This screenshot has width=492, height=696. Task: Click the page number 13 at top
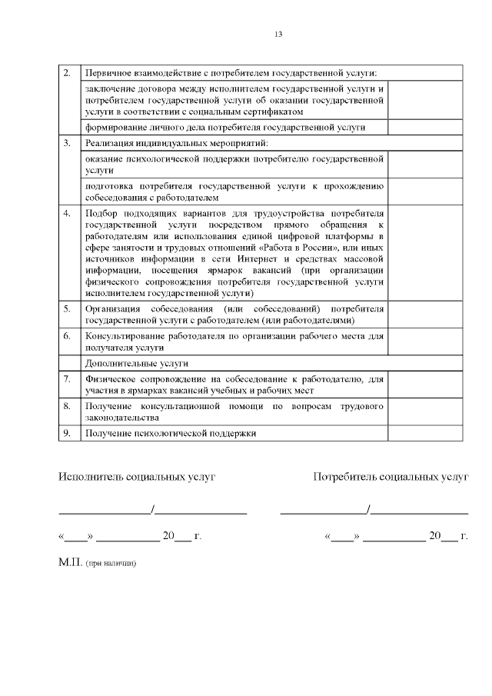pyautogui.click(x=278, y=35)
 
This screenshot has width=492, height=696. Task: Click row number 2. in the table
pyautogui.click(x=68, y=73)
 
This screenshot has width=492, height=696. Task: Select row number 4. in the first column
pyautogui.click(x=68, y=212)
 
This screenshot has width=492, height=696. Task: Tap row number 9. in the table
pyautogui.click(x=68, y=433)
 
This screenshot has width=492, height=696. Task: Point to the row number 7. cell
pyautogui.click(x=68, y=378)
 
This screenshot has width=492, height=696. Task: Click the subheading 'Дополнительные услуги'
pyautogui.click(x=137, y=363)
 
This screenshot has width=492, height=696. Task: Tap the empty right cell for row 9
pyautogui.click(x=424, y=433)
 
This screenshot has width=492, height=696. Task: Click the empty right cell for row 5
pyautogui.click(x=424, y=314)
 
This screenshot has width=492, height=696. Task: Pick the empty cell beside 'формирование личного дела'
pyautogui.click(x=424, y=127)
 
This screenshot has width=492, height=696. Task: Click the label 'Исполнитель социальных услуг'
pyautogui.click(x=137, y=477)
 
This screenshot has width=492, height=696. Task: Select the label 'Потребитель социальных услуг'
pyautogui.click(x=391, y=477)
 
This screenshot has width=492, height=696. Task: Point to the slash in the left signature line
pyautogui.click(x=153, y=508)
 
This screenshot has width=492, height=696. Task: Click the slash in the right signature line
pyautogui.click(x=370, y=508)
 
